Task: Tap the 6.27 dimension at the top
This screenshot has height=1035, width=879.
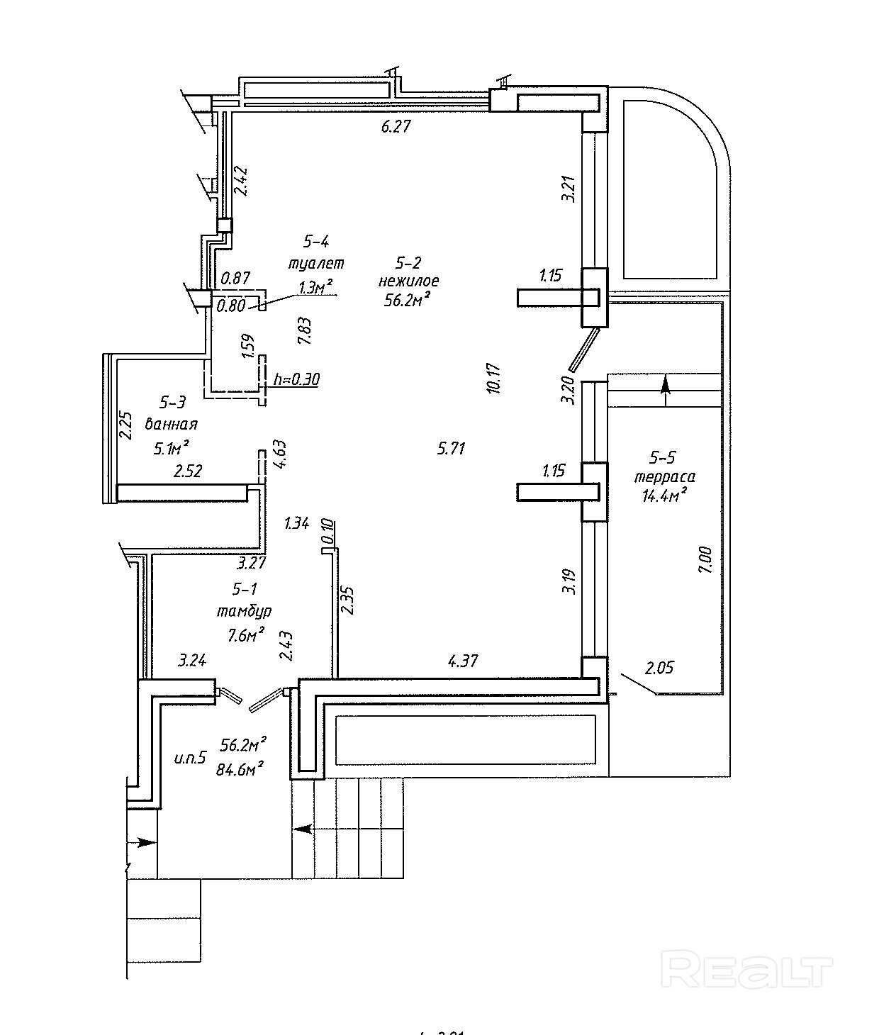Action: point(396,127)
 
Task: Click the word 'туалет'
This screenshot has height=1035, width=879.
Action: point(315,263)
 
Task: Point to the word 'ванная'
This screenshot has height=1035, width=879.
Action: point(171,425)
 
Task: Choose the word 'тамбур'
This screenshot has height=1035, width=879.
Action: point(245,610)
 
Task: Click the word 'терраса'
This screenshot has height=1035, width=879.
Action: point(664,477)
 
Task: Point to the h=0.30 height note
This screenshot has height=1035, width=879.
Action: point(296,379)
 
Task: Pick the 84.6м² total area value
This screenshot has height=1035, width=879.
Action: point(242,768)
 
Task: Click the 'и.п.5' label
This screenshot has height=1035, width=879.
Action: point(189,758)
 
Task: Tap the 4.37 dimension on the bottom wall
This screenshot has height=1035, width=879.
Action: point(463,661)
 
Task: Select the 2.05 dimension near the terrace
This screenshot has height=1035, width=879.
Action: point(659,667)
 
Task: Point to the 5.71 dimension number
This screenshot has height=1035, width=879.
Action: point(451,448)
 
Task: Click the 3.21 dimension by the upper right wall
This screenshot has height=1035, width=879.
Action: point(567,189)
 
